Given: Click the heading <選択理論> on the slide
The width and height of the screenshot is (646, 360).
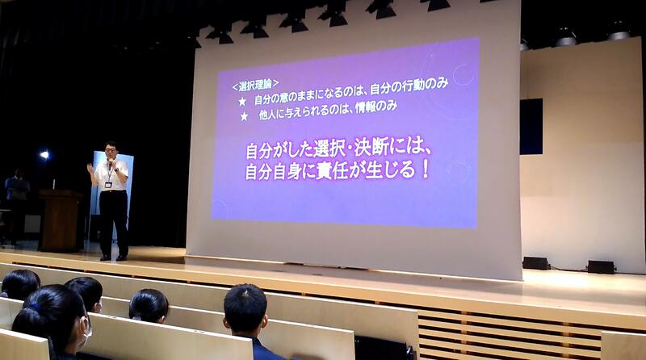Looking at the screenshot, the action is [256, 86].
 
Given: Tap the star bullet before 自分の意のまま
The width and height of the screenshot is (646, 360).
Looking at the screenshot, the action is [242, 102].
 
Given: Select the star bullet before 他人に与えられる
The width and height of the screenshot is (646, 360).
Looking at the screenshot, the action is [244, 116].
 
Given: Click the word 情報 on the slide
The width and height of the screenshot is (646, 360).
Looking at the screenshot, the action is [365, 108].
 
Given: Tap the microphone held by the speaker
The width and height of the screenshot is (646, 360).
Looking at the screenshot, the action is [110, 162].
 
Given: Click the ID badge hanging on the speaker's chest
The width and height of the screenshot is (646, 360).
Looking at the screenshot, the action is [108, 185].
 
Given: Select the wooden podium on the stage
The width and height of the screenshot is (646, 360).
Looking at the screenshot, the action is [60, 220].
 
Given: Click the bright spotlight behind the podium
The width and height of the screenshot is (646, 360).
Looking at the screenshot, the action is [44, 155].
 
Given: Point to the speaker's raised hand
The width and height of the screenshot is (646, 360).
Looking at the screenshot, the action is [90, 168].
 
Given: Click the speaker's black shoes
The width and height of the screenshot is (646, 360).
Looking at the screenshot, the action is [113, 257].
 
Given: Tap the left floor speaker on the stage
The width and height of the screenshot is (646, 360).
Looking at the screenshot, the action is [536, 263].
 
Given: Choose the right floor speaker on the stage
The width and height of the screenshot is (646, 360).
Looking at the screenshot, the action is [602, 267].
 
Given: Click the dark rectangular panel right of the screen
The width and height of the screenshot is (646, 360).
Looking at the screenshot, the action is [531, 127].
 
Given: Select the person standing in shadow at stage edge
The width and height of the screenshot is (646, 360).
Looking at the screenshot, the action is [16, 206].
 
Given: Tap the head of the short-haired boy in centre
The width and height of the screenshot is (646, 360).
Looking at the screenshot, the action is [245, 307].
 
